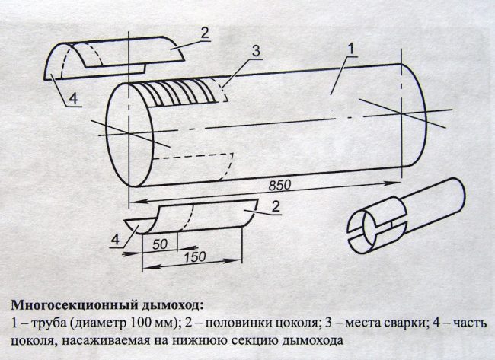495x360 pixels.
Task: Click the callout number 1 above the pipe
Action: point(352,49)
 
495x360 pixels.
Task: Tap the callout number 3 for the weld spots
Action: point(257,51)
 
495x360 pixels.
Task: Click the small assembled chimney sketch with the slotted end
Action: point(404,217)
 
